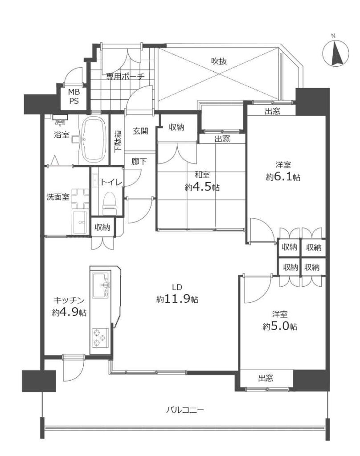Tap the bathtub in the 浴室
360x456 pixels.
(93, 140)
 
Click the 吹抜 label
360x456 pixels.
(219, 61)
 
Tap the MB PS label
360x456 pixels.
(74, 97)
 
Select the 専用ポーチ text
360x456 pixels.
(125, 77)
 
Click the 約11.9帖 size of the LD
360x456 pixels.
(177, 299)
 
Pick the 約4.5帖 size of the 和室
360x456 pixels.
(202, 187)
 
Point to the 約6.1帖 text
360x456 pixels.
(283, 177)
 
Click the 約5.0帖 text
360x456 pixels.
(280, 326)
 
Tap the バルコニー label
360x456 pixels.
(185, 410)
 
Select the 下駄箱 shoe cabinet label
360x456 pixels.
(118, 141)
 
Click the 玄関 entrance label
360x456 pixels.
(140, 131)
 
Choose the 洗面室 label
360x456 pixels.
(58, 197)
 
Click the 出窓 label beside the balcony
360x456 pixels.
(266, 378)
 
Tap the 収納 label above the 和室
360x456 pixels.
(176, 127)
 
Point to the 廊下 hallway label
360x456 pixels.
(139, 161)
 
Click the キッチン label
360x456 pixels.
(69, 300)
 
